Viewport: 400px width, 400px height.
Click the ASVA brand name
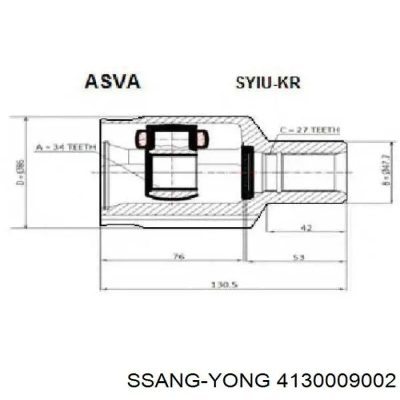click(112, 82)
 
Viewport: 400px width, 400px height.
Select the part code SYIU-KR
click(267, 83)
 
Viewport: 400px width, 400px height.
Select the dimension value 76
click(178, 257)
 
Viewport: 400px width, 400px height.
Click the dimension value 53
click(297, 257)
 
